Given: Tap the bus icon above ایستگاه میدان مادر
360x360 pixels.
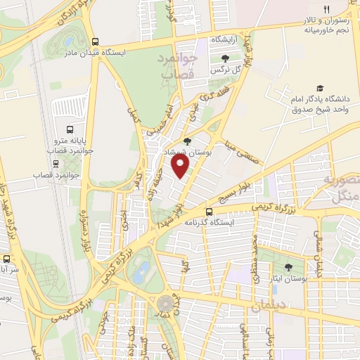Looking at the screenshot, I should click(x=96, y=41).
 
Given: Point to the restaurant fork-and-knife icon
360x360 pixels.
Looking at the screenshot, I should click(x=326, y=8).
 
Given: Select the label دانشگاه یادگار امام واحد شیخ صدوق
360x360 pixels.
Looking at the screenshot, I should click(x=321, y=105).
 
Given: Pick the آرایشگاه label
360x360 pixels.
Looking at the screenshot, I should click(x=229, y=41).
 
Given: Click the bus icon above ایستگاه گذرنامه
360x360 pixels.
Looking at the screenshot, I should click(x=209, y=212).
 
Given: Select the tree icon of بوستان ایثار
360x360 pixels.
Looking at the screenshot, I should click(x=288, y=267).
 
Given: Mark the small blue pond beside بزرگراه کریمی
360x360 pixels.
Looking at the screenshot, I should click(x=143, y=269).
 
